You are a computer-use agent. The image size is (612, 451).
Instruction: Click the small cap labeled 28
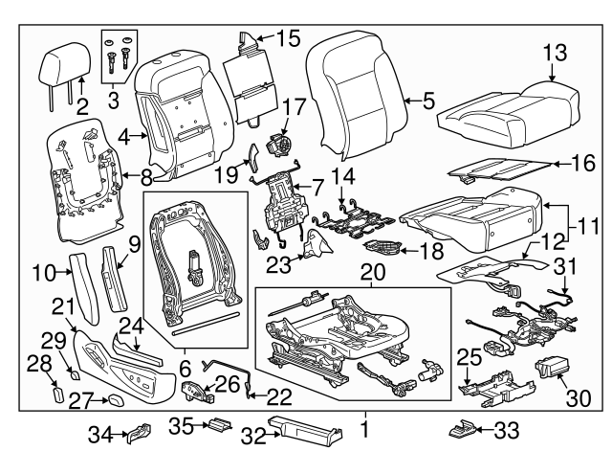click(57, 393)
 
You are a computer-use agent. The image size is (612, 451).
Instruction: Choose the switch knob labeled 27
click(114, 399)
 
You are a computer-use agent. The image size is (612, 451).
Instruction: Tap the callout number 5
click(428, 98)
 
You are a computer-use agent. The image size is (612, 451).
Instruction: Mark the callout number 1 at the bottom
click(364, 422)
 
